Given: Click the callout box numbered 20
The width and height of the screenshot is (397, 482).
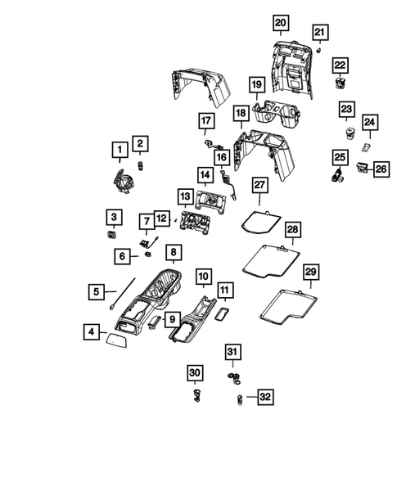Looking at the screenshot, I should [x=281, y=22].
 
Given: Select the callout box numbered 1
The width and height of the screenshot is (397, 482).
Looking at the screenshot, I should [x=120, y=148].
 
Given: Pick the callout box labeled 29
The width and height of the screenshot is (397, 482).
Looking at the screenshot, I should [x=310, y=273].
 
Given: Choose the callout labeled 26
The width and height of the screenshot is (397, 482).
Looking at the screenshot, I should [x=381, y=169].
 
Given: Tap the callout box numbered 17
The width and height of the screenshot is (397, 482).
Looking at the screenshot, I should [x=205, y=122].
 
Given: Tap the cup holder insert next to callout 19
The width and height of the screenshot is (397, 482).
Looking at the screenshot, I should [x=277, y=110].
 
